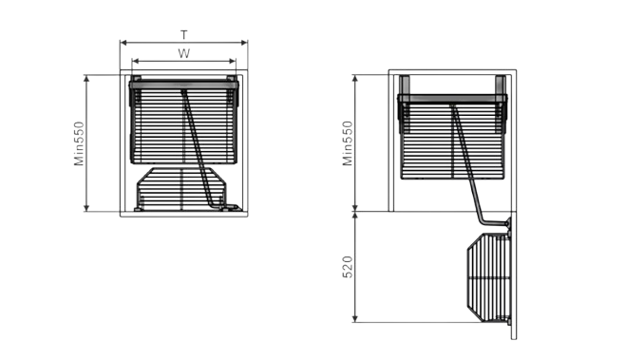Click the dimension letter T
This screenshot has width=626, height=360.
tap(183, 35)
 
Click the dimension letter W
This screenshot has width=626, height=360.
tap(183, 53)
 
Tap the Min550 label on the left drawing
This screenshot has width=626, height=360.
tap(79, 143)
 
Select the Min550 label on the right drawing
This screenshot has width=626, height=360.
tap(348, 143)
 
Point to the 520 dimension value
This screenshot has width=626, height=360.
tap(348, 267)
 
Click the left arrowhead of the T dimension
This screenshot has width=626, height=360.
tap(123, 43)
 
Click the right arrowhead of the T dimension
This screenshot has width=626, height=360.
tap(244, 43)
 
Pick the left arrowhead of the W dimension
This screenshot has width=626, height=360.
tap(135, 61)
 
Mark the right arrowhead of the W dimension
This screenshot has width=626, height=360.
tap(233, 61)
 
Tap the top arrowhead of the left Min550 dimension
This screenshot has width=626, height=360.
tap(86, 78)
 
